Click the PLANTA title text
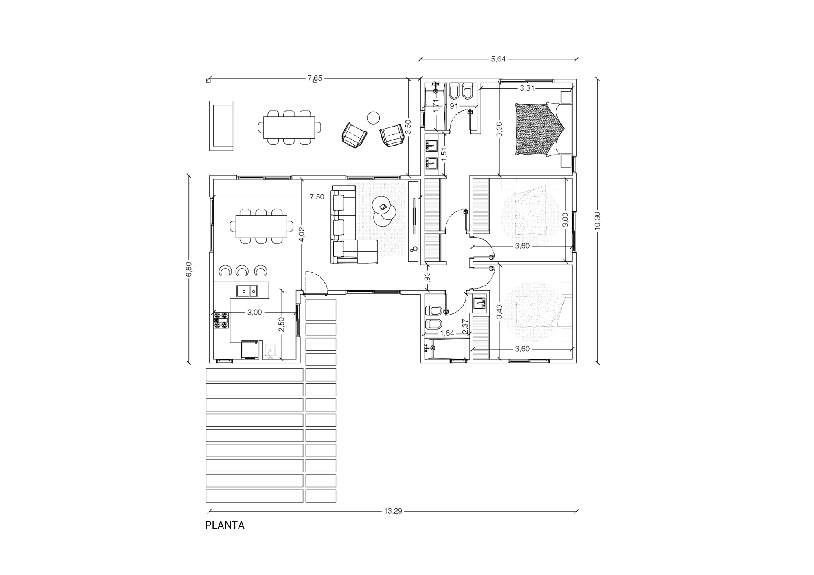pyautogui.click(x=225, y=525)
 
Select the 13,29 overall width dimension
pyautogui.click(x=393, y=511)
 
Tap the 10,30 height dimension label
pyautogui.click(x=597, y=221)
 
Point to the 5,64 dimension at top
pyautogui.click(x=498, y=59)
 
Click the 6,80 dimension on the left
pyautogui.click(x=188, y=269)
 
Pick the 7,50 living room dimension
pyautogui.click(x=317, y=197)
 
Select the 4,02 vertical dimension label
pyautogui.click(x=302, y=235)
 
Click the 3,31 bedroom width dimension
pyautogui.click(x=527, y=88)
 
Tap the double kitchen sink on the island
pyautogui.click(x=247, y=291)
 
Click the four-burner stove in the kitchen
pyautogui.click(x=221, y=320)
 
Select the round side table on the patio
pyautogui.click(x=373, y=118)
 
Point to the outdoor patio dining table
pyautogui.click(x=289, y=127)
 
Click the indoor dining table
pyautogui.click(x=261, y=226)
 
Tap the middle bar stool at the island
pyautogui.click(x=242, y=270)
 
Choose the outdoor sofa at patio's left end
pyautogui.click(x=221, y=126)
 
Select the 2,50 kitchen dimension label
pyautogui.click(x=281, y=324)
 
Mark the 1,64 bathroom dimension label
pyautogui.click(x=447, y=333)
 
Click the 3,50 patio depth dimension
pyautogui.click(x=409, y=127)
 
